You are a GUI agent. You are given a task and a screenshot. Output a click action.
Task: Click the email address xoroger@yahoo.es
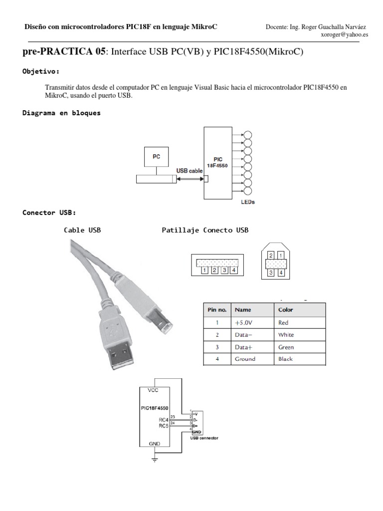coord(345,35)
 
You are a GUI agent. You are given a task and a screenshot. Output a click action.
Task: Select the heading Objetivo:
coord(41,71)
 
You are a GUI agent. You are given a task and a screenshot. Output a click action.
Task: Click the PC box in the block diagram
coord(156,156)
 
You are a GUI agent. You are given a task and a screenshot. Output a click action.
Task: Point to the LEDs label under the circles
coord(247,203)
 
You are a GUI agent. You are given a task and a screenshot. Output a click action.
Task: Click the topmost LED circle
coord(247,134)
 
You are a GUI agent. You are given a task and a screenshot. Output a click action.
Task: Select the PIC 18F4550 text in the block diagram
coord(217,163)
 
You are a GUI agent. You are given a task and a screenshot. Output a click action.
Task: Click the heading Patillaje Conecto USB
coord(205,230)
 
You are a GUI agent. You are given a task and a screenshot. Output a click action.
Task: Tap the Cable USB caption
coord(82,230)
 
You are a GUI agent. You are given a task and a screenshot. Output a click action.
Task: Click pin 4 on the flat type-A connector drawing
coord(233,270)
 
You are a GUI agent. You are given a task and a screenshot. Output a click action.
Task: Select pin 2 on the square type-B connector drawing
coord(270,255)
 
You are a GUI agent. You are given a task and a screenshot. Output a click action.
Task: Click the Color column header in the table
coord(286,310)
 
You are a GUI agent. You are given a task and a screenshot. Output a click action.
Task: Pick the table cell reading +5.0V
coord(244,322)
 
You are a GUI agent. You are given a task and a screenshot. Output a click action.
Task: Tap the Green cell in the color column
coord(286,347)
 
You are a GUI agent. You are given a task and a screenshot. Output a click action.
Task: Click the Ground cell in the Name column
coord(245,359)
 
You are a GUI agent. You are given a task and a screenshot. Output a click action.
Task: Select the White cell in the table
coord(286,335)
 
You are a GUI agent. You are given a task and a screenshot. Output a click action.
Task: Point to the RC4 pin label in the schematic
coord(164,420)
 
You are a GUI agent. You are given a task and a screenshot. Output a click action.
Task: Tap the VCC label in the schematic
coord(153,390)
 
